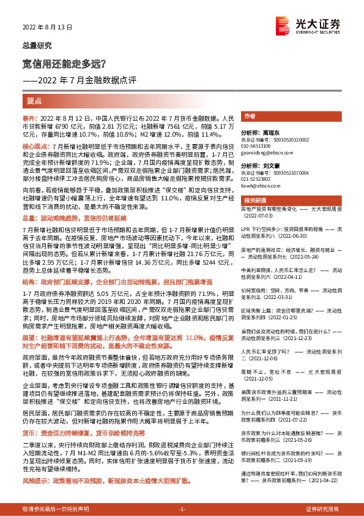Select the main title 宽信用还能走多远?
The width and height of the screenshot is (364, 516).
(x=64, y=63)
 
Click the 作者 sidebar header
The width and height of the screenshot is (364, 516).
(x=250, y=116)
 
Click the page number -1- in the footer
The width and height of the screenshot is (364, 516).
(x=182, y=509)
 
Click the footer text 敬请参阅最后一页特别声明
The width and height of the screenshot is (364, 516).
(x=56, y=509)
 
